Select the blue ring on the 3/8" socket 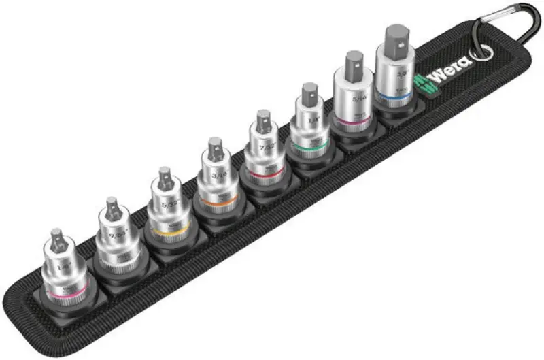[x=393, y=99]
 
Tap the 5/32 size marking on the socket [x=165, y=203]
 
